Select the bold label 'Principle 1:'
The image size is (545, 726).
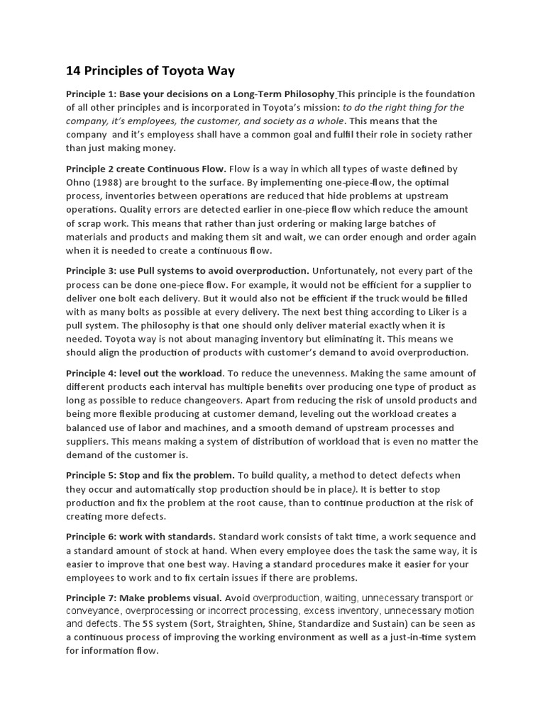click(x=91, y=94)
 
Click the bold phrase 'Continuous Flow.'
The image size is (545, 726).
click(x=189, y=169)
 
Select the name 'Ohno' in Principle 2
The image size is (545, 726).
click(x=79, y=183)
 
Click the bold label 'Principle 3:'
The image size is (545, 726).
click(x=91, y=271)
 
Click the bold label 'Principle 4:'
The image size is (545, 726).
click(x=91, y=373)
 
